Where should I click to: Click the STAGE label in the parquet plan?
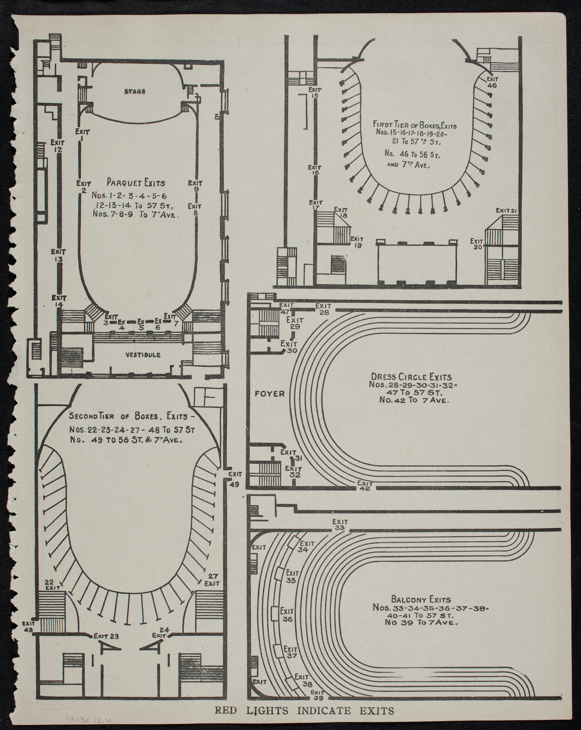pyautogui.click(x=134, y=91)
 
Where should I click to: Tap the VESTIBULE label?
pyautogui.click(x=142, y=355)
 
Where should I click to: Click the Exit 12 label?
pyautogui.click(x=57, y=146)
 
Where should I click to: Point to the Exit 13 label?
pyautogui.click(x=59, y=256)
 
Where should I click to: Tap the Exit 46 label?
pyautogui.click(x=492, y=82)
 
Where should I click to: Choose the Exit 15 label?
pyautogui.click(x=315, y=92)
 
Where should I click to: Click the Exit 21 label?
pyautogui.click(x=506, y=210)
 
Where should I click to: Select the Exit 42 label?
pyautogui.click(x=364, y=486)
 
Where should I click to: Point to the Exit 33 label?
pyautogui.click(x=340, y=525)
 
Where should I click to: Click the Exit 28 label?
pyautogui.click(x=323, y=309)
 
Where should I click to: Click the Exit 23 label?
pyautogui.click(x=107, y=635)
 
